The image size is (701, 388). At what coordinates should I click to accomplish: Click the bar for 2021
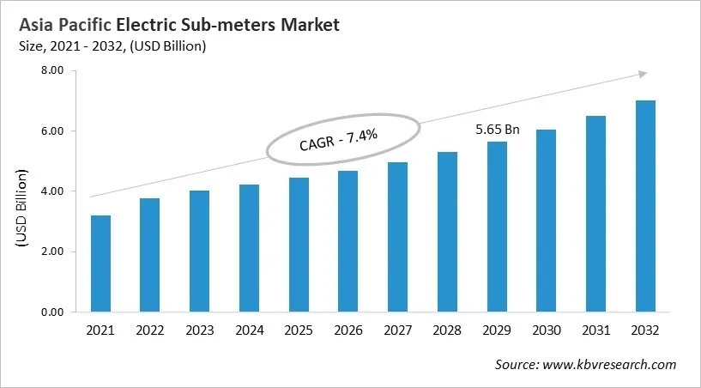point(100,264)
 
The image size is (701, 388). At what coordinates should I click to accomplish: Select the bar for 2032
point(645,206)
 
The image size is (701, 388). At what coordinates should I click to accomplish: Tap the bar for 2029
point(497,227)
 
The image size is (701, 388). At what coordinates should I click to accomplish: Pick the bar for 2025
point(299,245)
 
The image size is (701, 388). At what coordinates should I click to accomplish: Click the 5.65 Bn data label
point(498,129)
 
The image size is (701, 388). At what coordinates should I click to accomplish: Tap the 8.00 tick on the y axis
point(53,70)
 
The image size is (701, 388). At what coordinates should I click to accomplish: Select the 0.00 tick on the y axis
point(53,312)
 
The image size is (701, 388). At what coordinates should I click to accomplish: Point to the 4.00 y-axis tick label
point(53,191)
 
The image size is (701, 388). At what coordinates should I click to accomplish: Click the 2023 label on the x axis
point(199,330)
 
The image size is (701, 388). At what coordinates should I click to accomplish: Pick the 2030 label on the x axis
point(546,330)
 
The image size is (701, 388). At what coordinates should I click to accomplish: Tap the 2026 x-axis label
point(347,330)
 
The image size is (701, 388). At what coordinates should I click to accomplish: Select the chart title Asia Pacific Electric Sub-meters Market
point(178,25)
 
